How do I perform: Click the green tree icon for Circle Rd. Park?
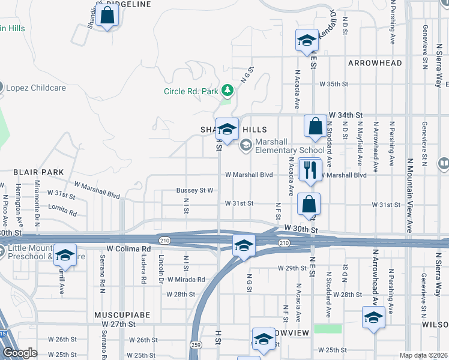click(x=227, y=91)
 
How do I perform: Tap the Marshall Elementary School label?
click(x=289, y=146)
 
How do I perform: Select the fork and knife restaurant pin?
click(x=310, y=169)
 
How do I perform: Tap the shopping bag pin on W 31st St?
click(x=309, y=204)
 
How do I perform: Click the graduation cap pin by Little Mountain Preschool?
click(x=65, y=255)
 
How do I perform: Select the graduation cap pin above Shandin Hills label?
click(x=228, y=129)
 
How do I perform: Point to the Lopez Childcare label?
click(x=34, y=88)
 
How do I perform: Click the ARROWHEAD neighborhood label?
click(x=375, y=63)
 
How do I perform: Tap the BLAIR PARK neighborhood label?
click(x=38, y=172)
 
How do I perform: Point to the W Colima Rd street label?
click(x=128, y=248)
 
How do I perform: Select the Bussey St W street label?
click(x=195, y=190)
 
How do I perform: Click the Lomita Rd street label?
click(x=64, y=212)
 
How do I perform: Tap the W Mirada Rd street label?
click(x=186, y=280)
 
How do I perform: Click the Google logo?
click(x=19, y=353)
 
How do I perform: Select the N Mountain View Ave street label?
click(x=411, y=195)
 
